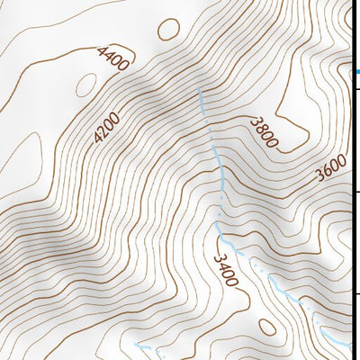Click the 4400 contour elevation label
[112, 58]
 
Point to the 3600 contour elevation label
[331, 168]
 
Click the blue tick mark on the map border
[356, 71]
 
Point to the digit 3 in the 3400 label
[219, 258]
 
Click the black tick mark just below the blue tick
[356, 88]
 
